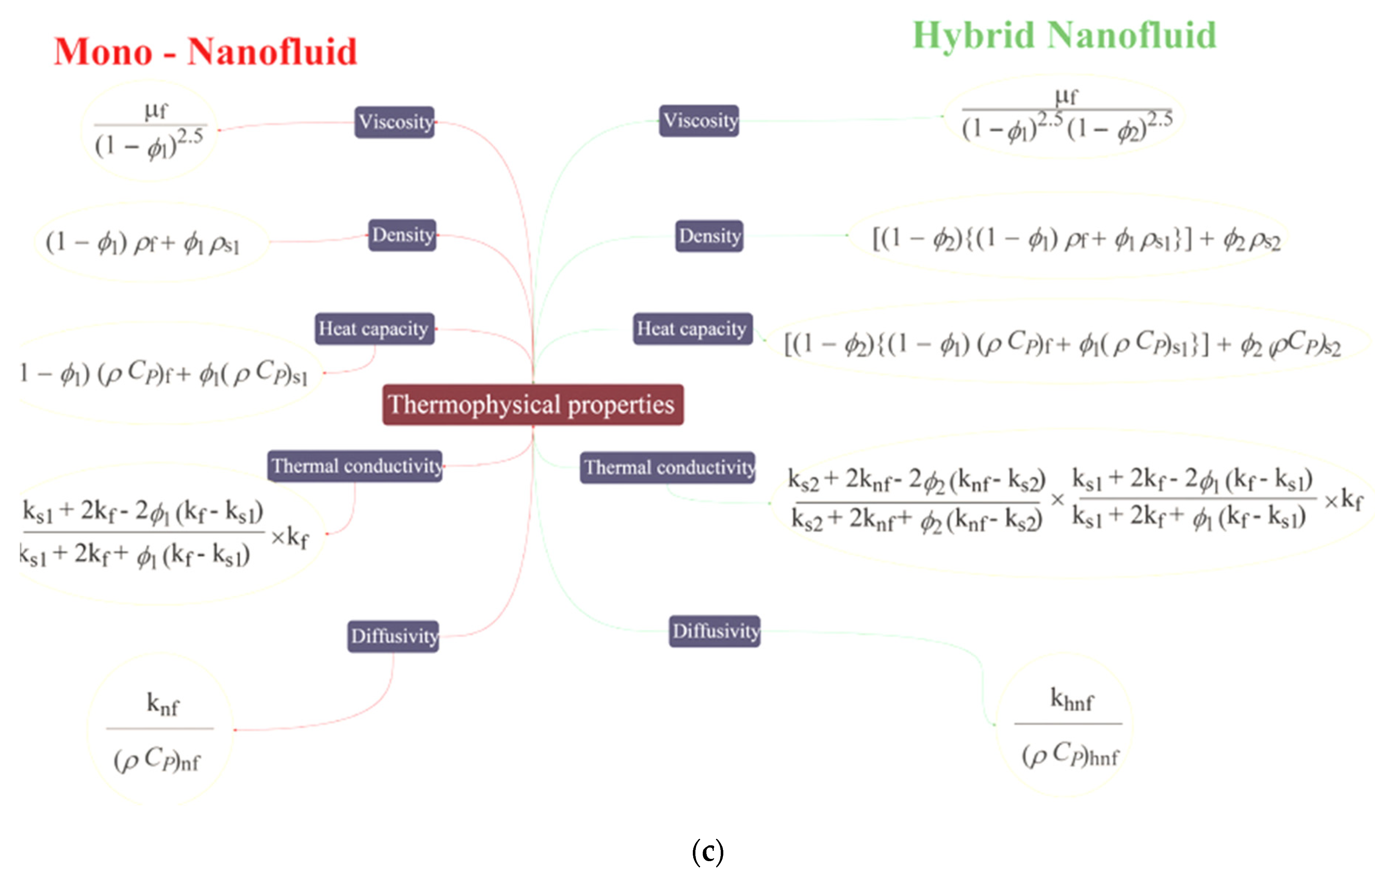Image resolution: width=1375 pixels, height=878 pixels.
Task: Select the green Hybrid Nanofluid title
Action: click(1064, 35)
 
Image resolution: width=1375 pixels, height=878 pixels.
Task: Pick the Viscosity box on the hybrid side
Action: click(699, 120)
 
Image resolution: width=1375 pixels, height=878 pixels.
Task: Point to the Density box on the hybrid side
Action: click(709, 236)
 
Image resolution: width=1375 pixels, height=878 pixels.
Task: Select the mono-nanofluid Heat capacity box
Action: click(374, 329)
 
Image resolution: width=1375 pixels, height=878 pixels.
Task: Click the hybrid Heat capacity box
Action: click(692, 329)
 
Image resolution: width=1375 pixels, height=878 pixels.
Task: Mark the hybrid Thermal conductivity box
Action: click(667, 468)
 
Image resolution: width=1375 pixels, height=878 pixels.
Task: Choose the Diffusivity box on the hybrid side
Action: click(714, 631)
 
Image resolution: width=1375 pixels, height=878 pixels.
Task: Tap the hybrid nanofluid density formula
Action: click(1076, 239)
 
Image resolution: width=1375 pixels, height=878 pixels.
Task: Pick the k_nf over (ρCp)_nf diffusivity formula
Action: click(160, 731)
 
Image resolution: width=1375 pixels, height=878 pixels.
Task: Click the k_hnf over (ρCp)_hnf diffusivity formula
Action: click(1069, 726)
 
